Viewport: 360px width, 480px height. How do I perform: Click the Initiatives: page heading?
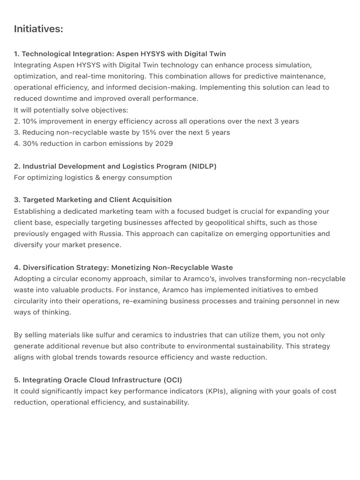click(x=38, y=29)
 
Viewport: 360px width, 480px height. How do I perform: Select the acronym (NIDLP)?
click(x=202, y=166)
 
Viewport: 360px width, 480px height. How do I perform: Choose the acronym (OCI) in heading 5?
click(x=172, y=380)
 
